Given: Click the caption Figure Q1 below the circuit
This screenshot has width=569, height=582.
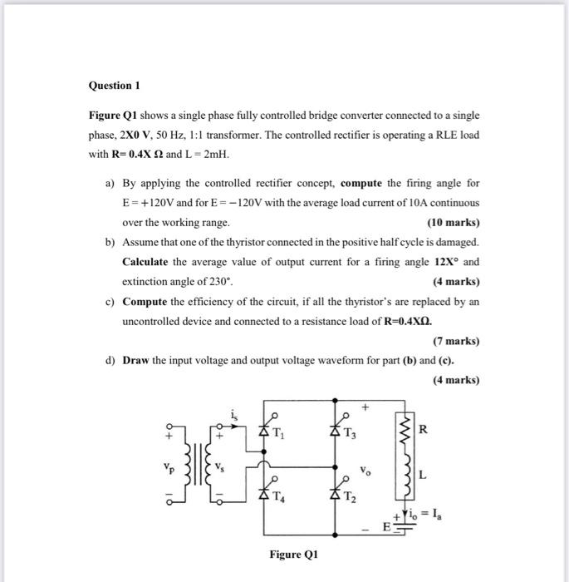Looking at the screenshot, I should pos(292,555).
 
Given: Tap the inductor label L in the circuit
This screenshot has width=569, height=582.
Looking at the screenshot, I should pos(423,476).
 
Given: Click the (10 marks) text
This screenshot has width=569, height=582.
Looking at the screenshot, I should pos(453,223).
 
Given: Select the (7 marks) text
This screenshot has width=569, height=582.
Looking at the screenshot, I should pos(456,341).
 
